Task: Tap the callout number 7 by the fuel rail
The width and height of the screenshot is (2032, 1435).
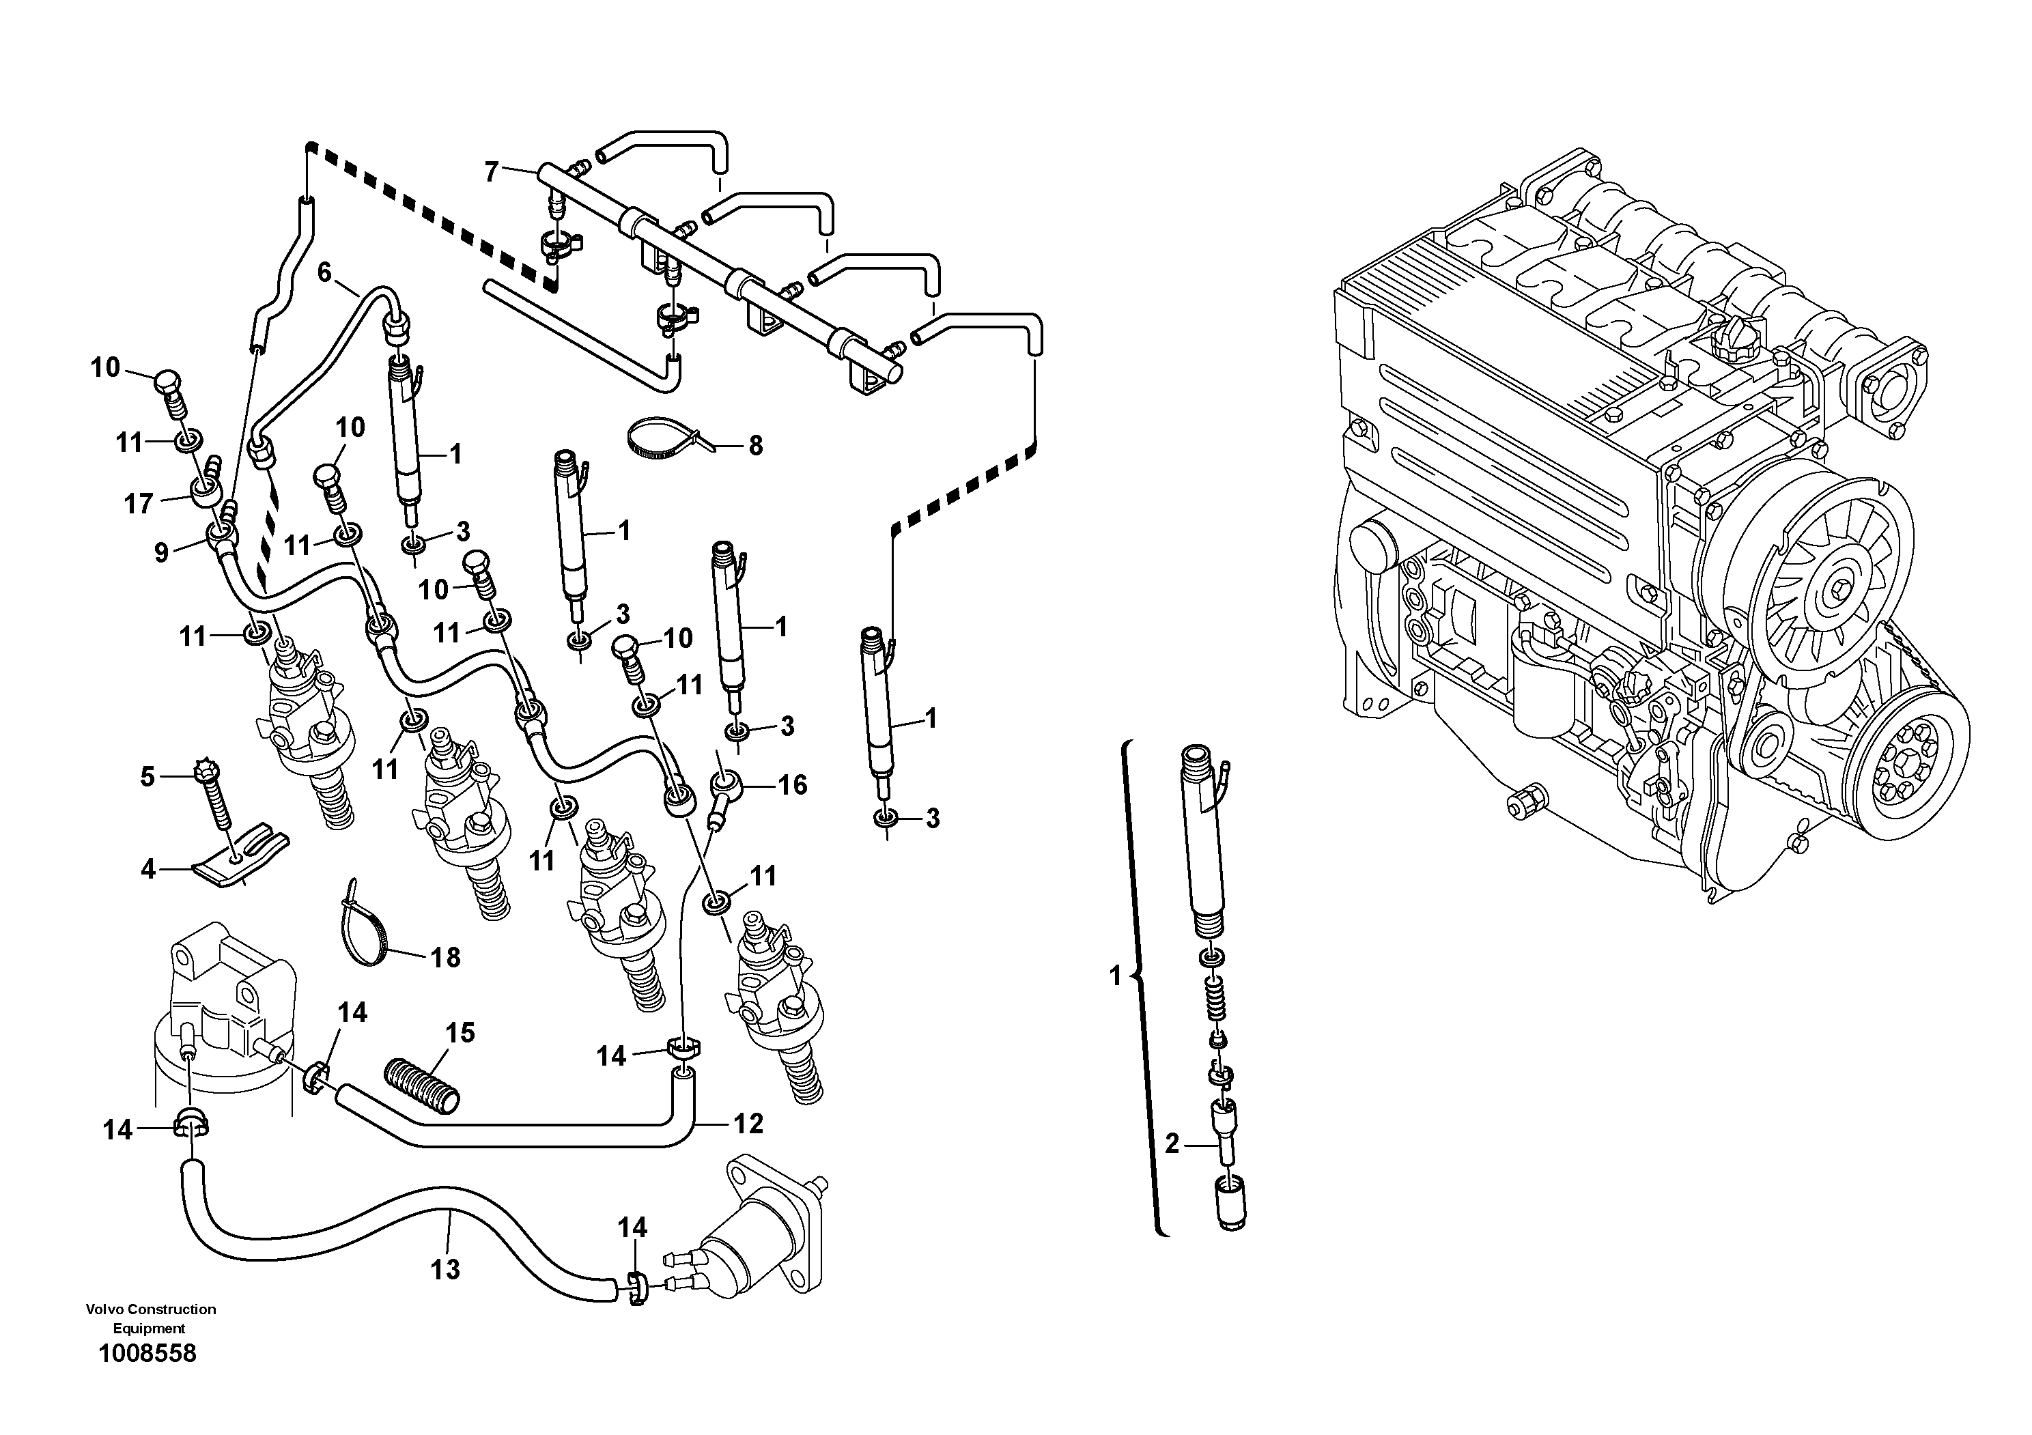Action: tap(492, 171)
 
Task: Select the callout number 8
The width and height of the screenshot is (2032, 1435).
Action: tap(755, 445)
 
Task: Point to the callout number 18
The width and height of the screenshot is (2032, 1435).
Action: tap(445, 957)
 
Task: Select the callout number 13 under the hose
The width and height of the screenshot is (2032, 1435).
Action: tap(445, 1270)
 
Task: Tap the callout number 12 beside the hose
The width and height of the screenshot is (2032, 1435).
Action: tap(748, 1124)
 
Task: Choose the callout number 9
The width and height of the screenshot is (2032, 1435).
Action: tap(161, 553)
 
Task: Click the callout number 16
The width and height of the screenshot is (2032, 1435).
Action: tap(792, 784)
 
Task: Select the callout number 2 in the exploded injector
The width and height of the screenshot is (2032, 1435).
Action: tap(1172, 1144)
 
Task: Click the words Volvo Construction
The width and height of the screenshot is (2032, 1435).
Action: tap(150, 1309)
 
